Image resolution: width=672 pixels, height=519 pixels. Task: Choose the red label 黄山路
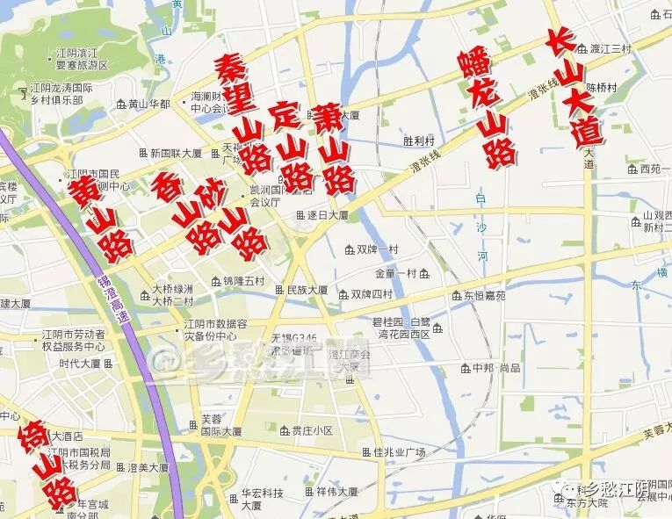click(x=101, y=216)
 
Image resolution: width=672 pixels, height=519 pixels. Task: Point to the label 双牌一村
click(x=377, y=249)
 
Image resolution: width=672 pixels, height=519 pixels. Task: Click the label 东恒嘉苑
click(x=484, y=296)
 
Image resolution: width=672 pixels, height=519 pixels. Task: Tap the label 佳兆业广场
click(x=399, y=452)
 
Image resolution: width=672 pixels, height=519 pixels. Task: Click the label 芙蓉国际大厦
click(x=220, y=426)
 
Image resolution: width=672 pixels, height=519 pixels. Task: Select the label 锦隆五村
click(x=242, y=281)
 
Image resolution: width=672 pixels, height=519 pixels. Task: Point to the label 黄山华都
click(x=148, y=104)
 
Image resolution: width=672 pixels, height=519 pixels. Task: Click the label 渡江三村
click(x=611, y=48)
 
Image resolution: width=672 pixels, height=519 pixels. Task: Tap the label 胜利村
click(x=419, y=141)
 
